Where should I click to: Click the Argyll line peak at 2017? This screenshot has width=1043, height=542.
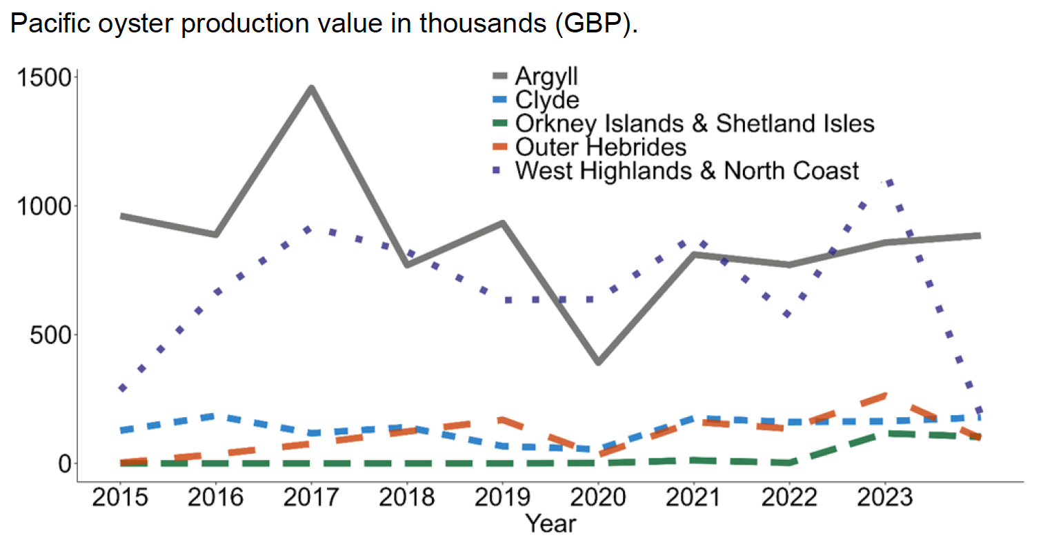[x=311, y=88]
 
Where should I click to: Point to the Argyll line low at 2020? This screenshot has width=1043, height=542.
[x=597, y=362]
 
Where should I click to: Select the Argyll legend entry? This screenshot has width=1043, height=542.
[x=546, y=76]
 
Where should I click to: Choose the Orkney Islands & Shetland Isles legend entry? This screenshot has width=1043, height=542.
[x=695, y=123]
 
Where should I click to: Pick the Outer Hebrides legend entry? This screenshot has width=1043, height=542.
[x=601, y=147]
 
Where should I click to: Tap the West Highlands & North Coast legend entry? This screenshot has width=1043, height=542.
[x=687, y=170]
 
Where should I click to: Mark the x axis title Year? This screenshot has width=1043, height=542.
[x=550, y=523]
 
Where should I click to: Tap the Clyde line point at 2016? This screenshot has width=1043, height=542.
[x=215, y=416]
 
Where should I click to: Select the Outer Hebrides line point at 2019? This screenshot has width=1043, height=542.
[x=502, y=419]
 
